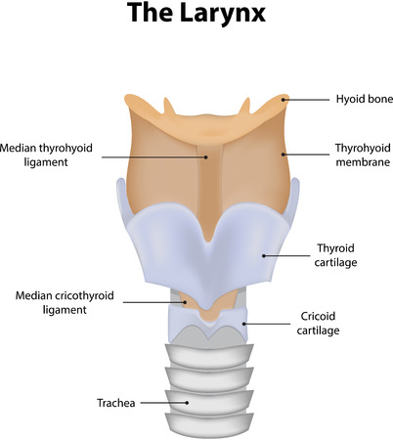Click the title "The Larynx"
click(x=196, y=13)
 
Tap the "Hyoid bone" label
click(x=365, y=99)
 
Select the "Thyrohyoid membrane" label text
click(x=363, y=154)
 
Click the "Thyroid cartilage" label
click(x=335, y=255)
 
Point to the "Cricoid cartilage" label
click(x=318, y=323)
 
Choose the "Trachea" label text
click(x=116, y=403)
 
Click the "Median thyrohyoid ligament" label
click(x=46, y=154)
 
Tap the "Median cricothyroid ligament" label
click(x=65, y=302)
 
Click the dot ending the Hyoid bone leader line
click(x=284, y=100)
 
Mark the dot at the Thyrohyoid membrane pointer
click(x=284, y=154)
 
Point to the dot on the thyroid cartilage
click(x=264, y=256)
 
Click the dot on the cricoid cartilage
click(x=243, y=324)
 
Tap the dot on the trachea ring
click(x=187, y=403)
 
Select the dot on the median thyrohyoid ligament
click(x=206, y=157)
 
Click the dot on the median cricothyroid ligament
click(x=185, y=302)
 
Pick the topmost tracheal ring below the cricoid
click(x=209, y=356)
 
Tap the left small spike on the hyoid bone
click(x=169, y=106)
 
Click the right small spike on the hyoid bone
click(x=244, y=106)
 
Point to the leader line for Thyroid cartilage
click(x=286, y=256)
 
